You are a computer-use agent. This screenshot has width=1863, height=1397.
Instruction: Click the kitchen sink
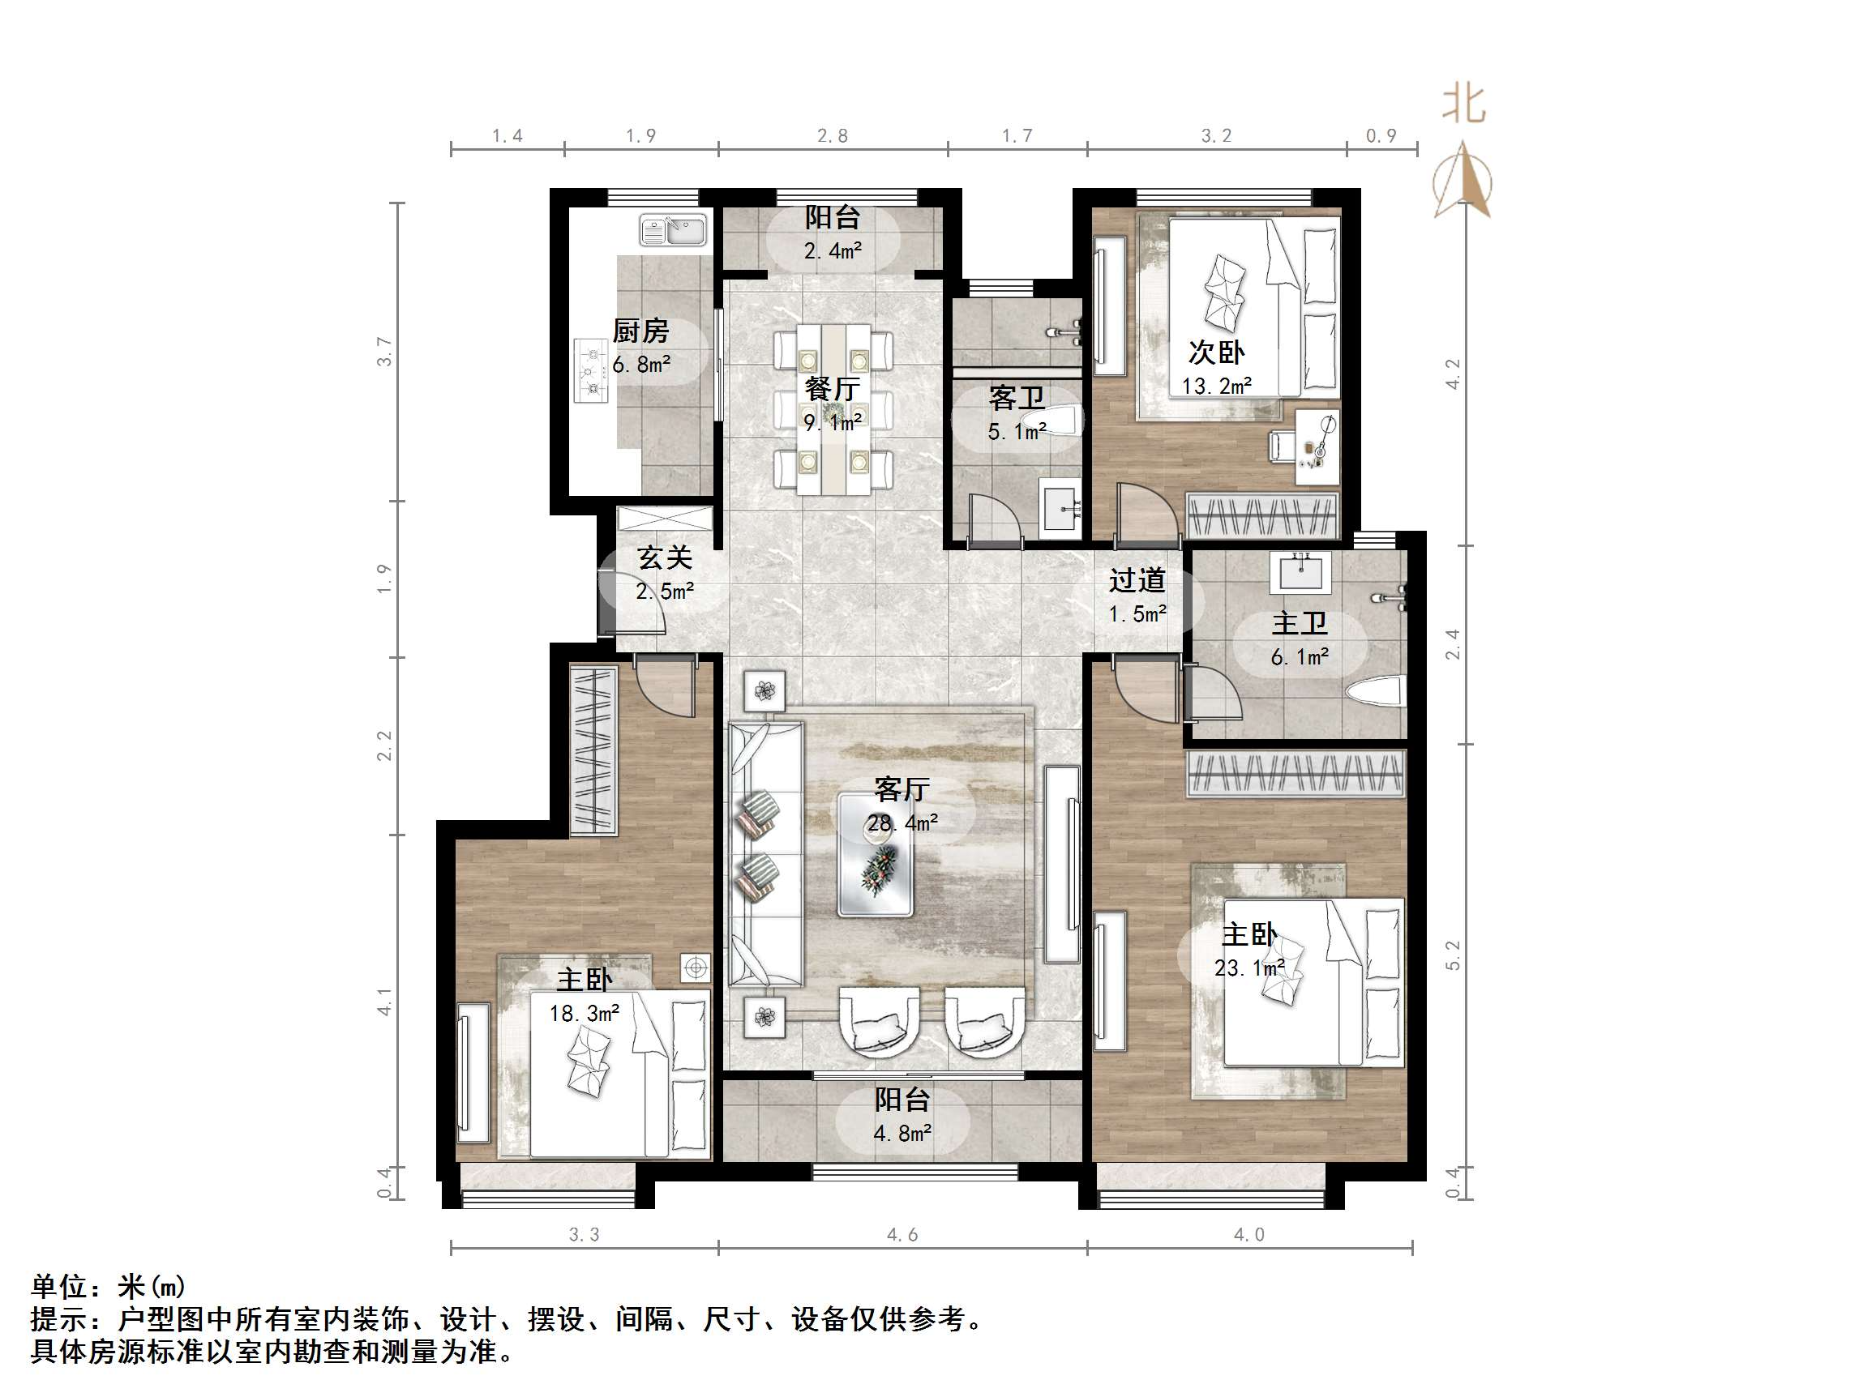(x=673, y=230)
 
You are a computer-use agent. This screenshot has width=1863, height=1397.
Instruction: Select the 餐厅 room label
(x=832, y=389)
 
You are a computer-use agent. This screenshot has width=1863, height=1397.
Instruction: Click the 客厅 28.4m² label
(x=902, y=805)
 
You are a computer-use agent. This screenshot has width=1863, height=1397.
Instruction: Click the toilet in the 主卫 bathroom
(x=1375, y=693)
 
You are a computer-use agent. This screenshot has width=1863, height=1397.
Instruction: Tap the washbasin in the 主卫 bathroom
(x=1301, y=573)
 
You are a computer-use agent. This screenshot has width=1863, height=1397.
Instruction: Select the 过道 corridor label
(x=1137, y=580)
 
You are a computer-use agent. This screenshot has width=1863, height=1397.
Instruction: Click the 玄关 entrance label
(x=665, y=558)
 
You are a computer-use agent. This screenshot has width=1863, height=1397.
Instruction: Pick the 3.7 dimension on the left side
(x=385, y=351)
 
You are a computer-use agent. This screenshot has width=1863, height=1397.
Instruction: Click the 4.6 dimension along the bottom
(x=902, y=1235)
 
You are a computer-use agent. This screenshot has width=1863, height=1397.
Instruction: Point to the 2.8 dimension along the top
(x=832, y=135)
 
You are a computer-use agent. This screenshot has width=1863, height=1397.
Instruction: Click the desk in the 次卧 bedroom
(x=1317, y=447)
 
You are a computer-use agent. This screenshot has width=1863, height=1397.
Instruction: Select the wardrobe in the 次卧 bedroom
(x=1261, y=515)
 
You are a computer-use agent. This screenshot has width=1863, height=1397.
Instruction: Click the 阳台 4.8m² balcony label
(x=902, y=1116)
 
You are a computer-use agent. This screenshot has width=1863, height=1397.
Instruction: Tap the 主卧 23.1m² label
(x=1249, y=951)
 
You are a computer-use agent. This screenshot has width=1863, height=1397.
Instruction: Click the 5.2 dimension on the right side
(x=1453, y=955)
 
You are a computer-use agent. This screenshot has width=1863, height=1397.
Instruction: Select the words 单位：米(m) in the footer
(x=108, y=1287)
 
